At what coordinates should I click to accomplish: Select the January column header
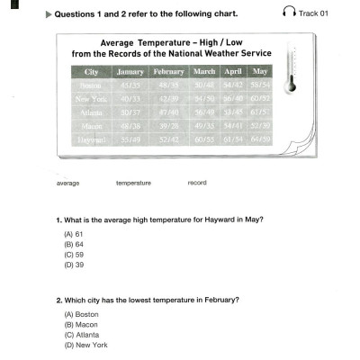[130, 71]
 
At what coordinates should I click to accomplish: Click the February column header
[168, 71]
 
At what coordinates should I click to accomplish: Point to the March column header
[204, 71]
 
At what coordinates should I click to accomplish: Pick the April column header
[233, 71]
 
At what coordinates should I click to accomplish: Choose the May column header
[260, 71]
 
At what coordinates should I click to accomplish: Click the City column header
[92, 71]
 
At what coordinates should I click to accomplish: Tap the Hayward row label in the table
[92, 140]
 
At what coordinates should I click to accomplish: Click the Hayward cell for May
[260, 140]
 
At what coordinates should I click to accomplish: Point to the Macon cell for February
[168, 127]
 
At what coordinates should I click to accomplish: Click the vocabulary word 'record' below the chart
[197, 183]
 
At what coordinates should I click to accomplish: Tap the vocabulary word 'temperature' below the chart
[133, 183]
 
